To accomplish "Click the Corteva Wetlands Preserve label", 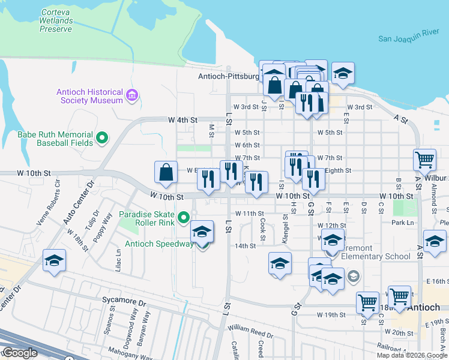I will (58, 20).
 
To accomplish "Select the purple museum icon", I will (131, 95).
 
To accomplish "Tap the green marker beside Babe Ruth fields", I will (102, 138).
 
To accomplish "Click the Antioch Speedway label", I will (160, 244).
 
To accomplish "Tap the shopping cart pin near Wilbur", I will (424, 160).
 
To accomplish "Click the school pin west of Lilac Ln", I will (54, 261).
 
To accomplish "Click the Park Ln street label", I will (402, 222).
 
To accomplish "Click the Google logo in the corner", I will (19, 353).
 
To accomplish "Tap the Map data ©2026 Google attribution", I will (412, 355).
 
